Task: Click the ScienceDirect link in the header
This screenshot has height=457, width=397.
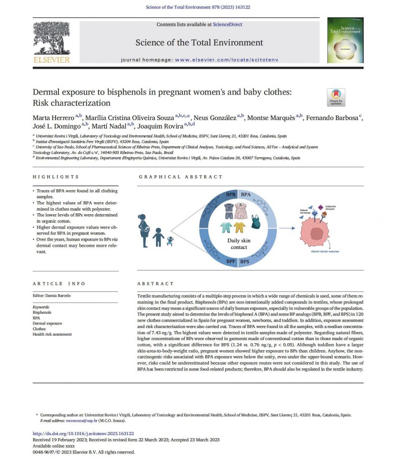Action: tap(227, 25)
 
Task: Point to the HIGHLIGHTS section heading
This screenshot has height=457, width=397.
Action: tap(56, 177)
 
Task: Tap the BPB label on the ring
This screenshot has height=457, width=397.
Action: tap(231, 195)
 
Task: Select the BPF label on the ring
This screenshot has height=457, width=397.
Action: tap(231, 261)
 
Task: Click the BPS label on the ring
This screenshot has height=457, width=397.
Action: tap(245, 261)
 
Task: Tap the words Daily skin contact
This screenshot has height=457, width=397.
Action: tap(239, 244)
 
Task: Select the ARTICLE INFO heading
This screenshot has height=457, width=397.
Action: tap(59, 283)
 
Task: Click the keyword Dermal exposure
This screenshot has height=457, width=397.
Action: tap(47, 323)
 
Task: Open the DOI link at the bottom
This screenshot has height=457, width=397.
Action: tap(83, 433)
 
